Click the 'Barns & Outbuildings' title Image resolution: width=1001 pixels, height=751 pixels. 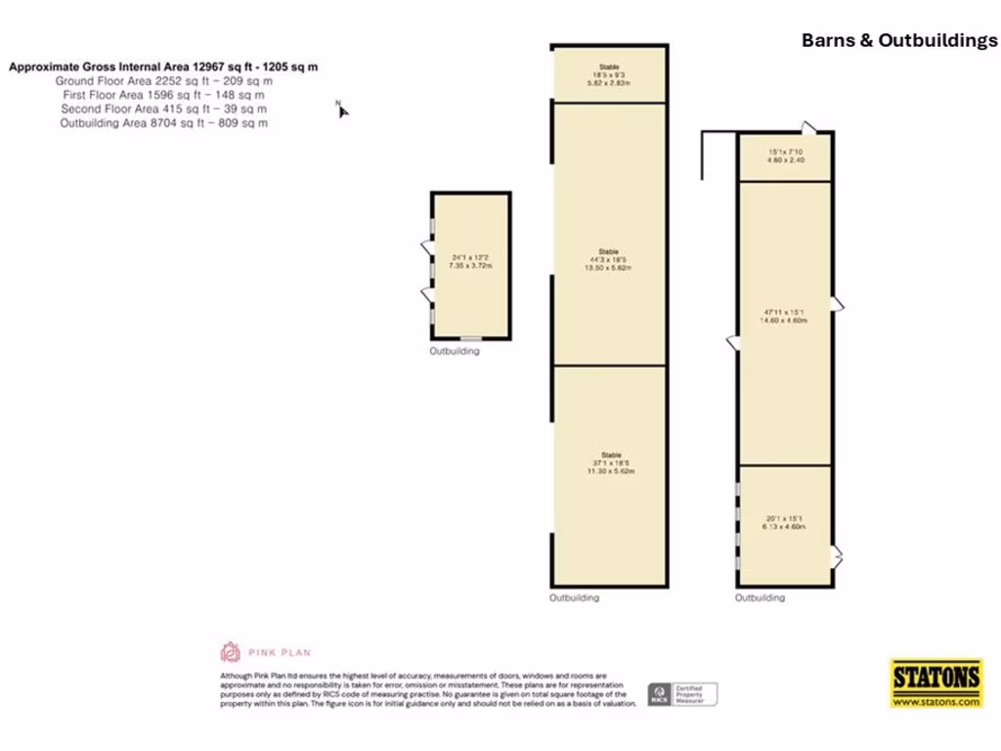click(x=899, y=40)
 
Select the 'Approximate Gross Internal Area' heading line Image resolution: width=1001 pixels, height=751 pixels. click(x=163, y=67)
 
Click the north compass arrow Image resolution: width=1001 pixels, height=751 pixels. click(x=342, y=110)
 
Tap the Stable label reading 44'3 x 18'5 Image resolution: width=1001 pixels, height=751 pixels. click(x=610, y=258)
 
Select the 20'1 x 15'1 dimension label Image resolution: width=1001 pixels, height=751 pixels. click(x=785, y=522)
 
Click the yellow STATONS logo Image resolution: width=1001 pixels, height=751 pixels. click(x=936, y=676)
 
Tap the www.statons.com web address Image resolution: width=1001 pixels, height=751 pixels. click(x=936, y=701)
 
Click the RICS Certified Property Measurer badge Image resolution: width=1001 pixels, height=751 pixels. click(x=681, y=694)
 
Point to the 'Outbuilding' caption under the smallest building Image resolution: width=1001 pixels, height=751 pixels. click(x=455, y=351)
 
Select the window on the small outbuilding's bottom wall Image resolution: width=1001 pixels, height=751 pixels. click(x=470, y=338)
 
